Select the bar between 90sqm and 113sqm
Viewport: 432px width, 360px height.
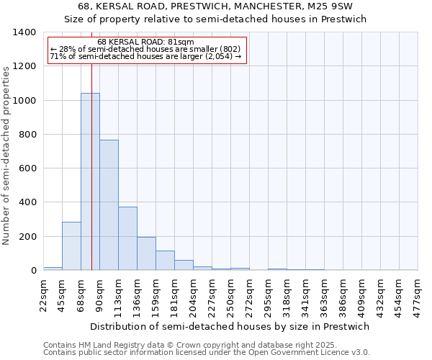tap(109, 205)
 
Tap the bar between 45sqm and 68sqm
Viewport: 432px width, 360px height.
tap(71, 246)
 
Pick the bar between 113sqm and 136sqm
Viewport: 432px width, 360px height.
tap(127, 238)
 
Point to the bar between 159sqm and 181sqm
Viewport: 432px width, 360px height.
tap(165, 261)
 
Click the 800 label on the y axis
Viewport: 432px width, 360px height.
tap(27, 135)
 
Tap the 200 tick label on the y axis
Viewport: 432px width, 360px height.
tap(27, 237)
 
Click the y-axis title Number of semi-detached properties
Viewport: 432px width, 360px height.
tap(6, 155)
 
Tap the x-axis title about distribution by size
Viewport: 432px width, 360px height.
tap(229, 326)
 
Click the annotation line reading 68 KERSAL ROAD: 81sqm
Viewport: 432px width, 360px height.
tap(145, 42)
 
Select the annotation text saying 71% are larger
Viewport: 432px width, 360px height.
tap(145, 57)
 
